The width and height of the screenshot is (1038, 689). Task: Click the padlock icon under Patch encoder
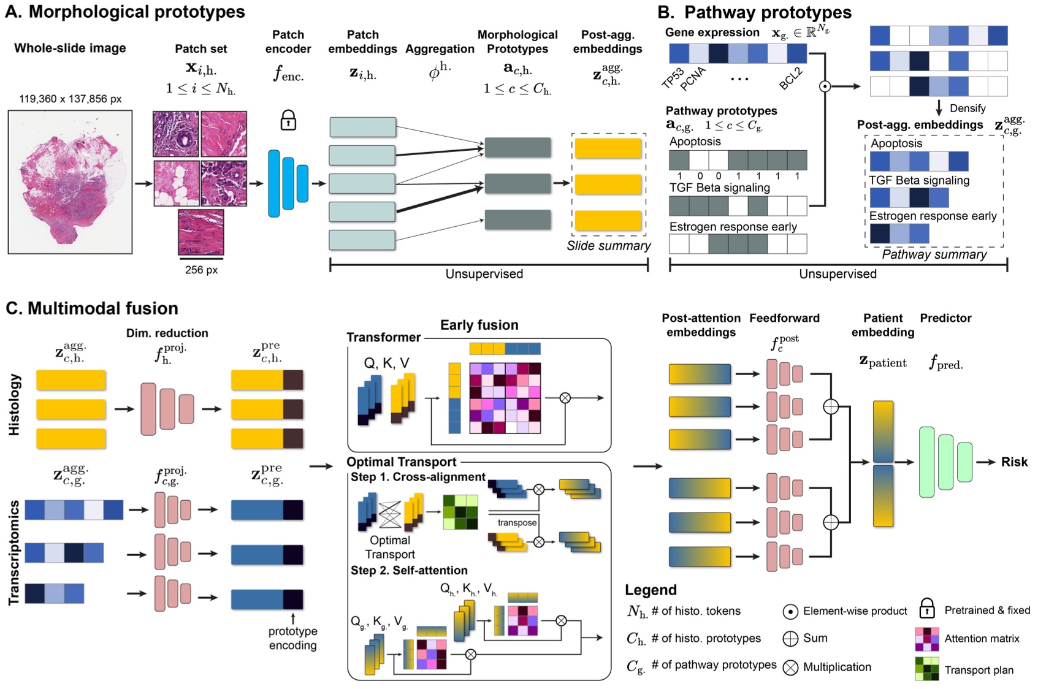(x=288, y=120)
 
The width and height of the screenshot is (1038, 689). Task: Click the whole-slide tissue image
(x=70, y=182)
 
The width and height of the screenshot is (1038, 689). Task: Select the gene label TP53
(x=673, y=78)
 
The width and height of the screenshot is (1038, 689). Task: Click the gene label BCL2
(x=791, y=79)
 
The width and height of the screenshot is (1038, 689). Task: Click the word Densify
(x=967, y=108)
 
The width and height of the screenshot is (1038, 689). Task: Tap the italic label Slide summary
(x=608, y=246)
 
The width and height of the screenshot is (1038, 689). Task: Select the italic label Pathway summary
(x=934, y=254)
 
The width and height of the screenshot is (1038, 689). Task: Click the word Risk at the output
(x=1014, y=462)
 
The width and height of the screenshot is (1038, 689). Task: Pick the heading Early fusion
(x=479, y=325)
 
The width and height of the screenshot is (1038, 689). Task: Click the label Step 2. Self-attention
(x=409, y=570)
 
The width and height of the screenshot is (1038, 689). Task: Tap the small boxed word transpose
(x=516, y=522)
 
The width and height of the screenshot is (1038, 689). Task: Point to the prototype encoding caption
(x=292, y=638)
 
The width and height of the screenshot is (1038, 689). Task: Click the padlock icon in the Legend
(x=926, y=609)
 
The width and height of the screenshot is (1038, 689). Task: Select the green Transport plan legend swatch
(x=926, y=669)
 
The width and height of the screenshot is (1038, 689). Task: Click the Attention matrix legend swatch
(x=926, y=639)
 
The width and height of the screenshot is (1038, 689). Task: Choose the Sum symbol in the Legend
(x=790, y=639)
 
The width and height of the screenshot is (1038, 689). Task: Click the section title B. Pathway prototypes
(x=754, y=12)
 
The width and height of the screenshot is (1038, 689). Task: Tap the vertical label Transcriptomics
(x=14, y=552)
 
